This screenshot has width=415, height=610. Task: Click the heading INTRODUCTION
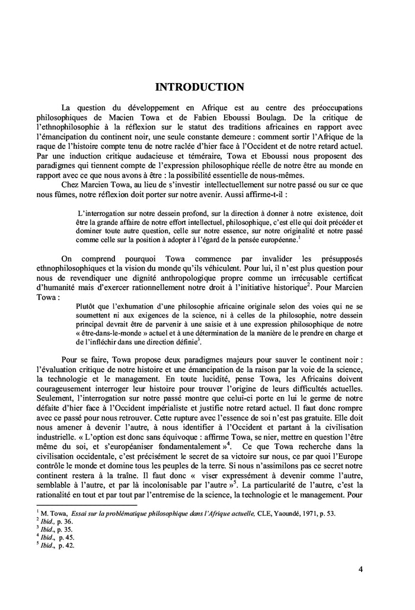[x=199, y=87]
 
